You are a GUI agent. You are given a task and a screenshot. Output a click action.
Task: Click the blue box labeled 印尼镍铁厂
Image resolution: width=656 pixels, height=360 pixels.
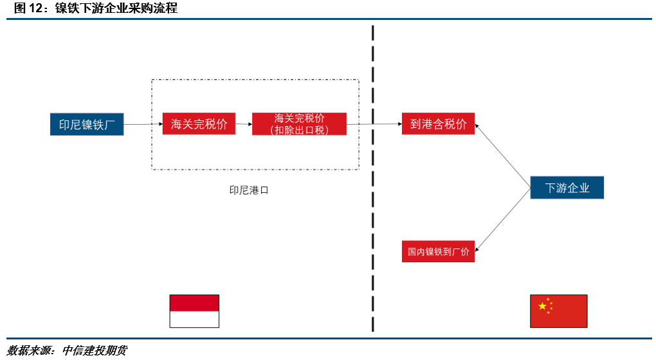click(86, 124)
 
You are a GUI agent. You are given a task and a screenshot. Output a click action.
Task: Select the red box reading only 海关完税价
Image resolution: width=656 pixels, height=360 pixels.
click(199, 124)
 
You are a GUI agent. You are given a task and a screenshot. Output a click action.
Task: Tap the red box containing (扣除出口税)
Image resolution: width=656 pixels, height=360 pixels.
click(299, 124)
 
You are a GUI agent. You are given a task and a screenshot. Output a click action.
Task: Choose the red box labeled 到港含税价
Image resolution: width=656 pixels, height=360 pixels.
click(438, 124)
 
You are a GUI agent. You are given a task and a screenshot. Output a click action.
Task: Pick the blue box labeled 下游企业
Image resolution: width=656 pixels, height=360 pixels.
click(567, 188)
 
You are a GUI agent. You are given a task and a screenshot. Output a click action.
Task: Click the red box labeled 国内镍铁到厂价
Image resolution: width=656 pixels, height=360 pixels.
click(438, 251)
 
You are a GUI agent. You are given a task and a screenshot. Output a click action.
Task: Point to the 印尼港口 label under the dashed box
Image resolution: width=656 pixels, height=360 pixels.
click(249, 190)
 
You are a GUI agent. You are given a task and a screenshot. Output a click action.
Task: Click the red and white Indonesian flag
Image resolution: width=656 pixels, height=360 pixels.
click(194, 310)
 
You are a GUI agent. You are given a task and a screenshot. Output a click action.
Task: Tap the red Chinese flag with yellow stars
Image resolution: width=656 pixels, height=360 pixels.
click(558, 311)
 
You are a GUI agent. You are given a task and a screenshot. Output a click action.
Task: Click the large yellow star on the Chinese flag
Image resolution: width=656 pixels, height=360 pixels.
click(542, 306)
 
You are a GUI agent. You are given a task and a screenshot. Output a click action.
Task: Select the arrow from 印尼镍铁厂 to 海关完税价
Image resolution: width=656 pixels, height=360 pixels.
click(141, 124)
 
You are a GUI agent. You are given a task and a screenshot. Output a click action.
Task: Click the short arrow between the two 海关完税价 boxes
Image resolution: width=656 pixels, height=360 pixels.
click(243, 124)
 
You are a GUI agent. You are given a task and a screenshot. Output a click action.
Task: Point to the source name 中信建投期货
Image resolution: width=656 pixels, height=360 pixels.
click(95, 350)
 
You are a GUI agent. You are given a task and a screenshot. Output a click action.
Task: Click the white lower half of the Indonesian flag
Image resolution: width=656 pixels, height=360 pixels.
click(194, 319)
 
